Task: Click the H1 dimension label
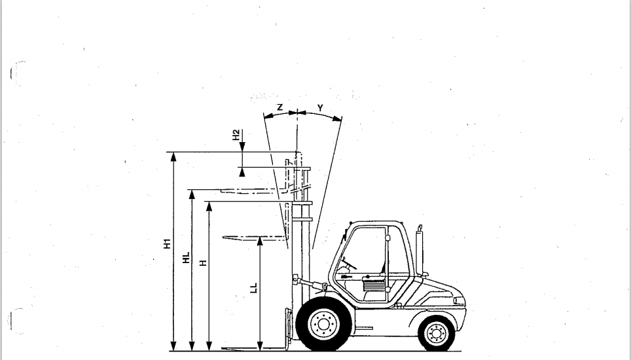pyautogui.click(x=167, y=243)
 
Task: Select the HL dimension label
pyautogui.click(x=186, y=258)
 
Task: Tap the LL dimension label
pyautogui.click(x=253, y=288)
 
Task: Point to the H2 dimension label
pyautogui.click(x=236, y=135)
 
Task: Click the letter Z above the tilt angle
pyautogui.click(x=279, y=107)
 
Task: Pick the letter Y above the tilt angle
pyautogui.click(x=320, y=108)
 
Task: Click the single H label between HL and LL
pyautogui.click(x=203, y=263)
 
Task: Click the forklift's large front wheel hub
pyautogui.click(x=323, y=324)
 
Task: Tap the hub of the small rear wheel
pyautogui.click(x=437, y=333)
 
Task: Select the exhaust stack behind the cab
pyautogui.click(x=420, y=249)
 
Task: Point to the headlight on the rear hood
pyautogui.click(x=459, y=300)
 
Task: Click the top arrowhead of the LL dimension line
pyautogui.click(x=260, y=242)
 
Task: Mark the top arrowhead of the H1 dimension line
pyautogui.click(x=173, y=157)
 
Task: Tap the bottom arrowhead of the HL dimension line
pyautogui.click(x=192, y=346)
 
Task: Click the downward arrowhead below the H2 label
pyautogui.click(x=242, y=147)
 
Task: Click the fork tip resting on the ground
pyautogui.click(x=224, y=348)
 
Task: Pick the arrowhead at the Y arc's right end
pyautogui.click(x=338, y=118)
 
